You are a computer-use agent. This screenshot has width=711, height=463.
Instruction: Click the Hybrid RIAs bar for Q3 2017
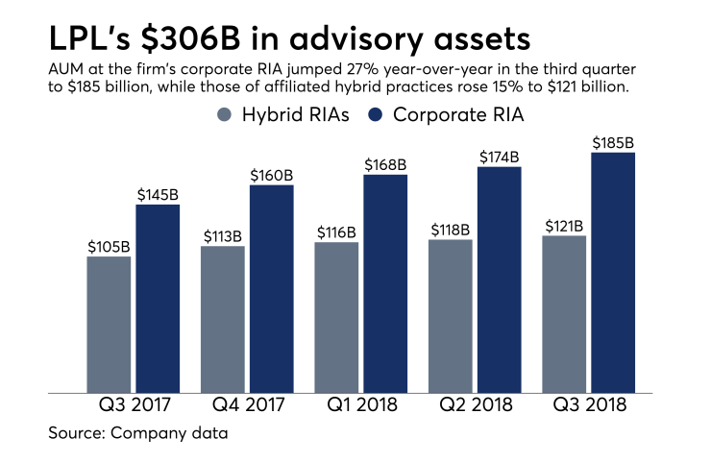[109, 324]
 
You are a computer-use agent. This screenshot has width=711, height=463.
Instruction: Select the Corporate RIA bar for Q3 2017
[158, 298]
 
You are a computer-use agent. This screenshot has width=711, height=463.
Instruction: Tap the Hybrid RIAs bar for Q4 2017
[222, 319]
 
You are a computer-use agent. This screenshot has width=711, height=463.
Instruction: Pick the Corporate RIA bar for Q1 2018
[385, 283]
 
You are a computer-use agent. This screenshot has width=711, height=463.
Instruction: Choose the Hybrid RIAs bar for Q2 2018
[451, 315]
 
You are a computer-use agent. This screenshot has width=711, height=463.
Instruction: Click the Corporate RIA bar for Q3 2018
[613, 273]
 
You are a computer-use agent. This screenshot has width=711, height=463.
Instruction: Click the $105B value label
[109, 245]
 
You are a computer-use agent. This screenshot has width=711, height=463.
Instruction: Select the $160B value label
[272, 174]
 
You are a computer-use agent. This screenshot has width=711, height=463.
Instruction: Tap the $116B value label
[336, 231]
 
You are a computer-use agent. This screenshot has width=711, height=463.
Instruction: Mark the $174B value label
[500, 157]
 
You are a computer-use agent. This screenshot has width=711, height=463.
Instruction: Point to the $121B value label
[564, 226]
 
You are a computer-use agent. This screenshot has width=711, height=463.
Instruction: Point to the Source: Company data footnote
[138, 433]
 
